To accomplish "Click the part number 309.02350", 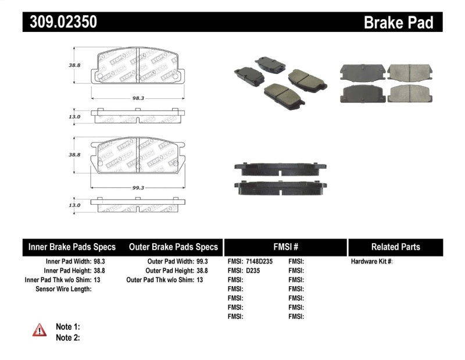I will (60, 22).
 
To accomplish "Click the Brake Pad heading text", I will (398, 23).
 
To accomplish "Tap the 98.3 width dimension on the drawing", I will (137, 98).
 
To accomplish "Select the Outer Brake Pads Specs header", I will (173, 247).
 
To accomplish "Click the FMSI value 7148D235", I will (260, 262).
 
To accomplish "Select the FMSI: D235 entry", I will (244, 270).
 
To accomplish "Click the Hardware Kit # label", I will (371, 262).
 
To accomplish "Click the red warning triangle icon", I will (40, 330).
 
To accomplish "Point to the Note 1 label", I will (67, 327).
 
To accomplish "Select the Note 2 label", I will (67, 337).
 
